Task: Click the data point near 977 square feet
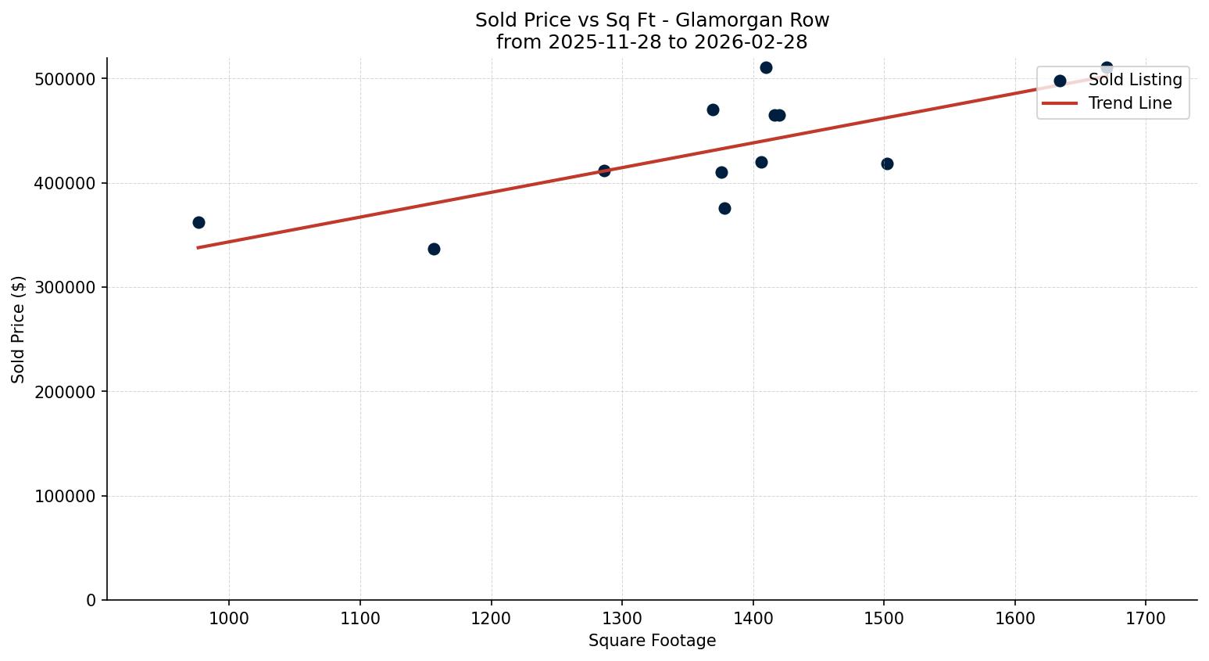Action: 199,223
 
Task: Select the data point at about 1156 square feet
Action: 434,249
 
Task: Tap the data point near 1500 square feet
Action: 887,163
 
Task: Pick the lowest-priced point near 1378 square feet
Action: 724,208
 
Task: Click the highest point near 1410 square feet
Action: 766,67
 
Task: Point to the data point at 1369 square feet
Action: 713,110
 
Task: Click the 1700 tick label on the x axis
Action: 1146,618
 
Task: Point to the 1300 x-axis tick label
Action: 622,618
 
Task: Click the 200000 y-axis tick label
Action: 66,392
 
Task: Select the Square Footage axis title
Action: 652,641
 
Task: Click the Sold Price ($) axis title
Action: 19,329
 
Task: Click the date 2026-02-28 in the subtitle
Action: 750,42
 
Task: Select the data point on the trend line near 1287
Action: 604,171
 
